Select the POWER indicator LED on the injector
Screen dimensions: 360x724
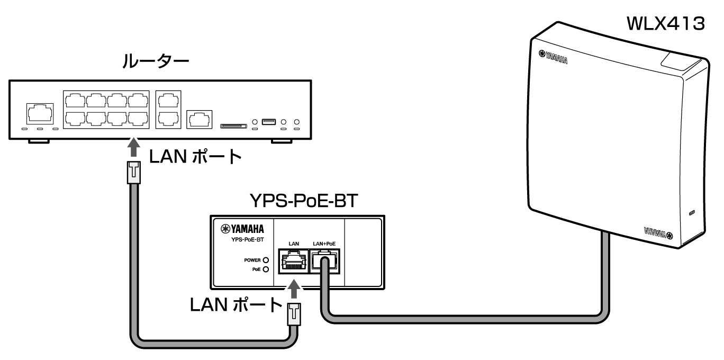pos(266,260)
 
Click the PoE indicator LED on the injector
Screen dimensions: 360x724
pos(266,269)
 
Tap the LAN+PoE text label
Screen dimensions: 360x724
pos(324,243)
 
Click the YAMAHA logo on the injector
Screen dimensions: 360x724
pos(247,229)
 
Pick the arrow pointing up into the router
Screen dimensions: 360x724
pos(135,147)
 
